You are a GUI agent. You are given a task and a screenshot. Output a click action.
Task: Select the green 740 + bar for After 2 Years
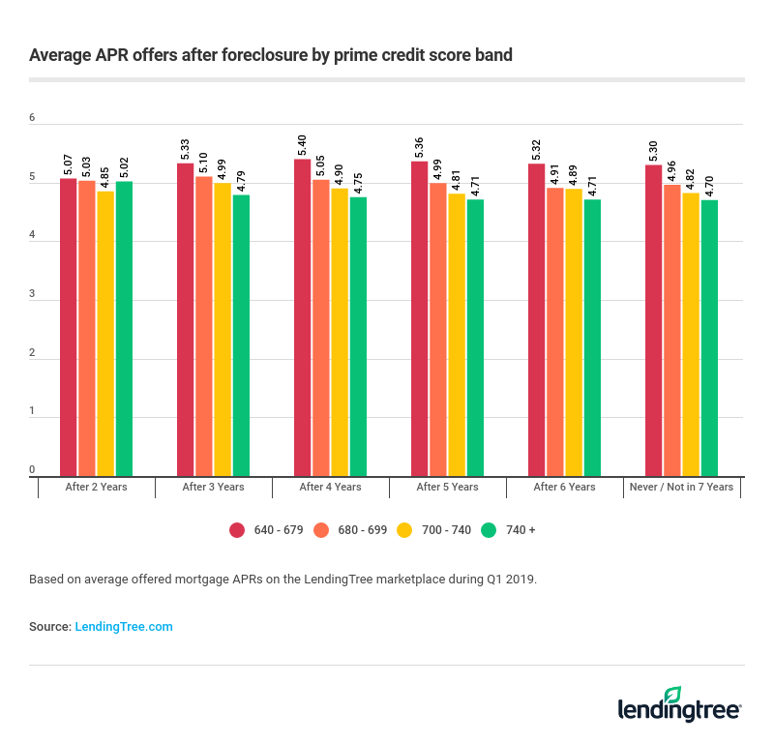[124, 329]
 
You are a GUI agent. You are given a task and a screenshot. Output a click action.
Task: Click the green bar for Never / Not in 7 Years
[709, 339]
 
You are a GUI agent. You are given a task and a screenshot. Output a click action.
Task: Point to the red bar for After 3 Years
[185, 319]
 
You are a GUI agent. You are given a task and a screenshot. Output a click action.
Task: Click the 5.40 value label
[303, 145]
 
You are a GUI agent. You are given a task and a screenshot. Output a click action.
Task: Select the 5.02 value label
[124, 167]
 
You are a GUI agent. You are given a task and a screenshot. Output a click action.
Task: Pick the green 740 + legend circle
[489, 529]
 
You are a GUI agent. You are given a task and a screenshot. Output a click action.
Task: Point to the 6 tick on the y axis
[32, 118]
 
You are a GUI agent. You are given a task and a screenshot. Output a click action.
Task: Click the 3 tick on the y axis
[32, 294]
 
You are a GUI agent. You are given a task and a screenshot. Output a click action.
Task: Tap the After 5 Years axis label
[447, 487]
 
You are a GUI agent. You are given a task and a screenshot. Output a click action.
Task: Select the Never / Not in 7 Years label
[681, 487]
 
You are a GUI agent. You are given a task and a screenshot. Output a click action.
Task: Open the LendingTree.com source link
[124, 627]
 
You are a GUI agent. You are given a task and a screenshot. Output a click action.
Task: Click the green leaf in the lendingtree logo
[673, 695]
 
